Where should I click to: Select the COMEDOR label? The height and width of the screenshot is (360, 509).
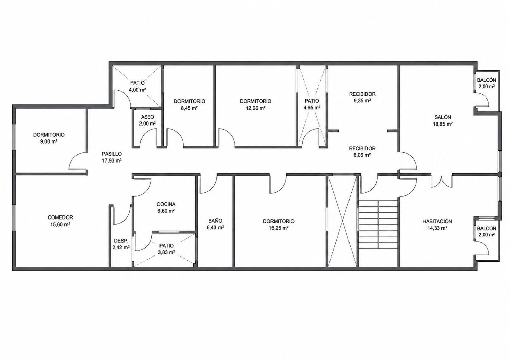coord(60,217)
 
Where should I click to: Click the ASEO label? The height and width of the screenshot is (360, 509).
coord(148,117)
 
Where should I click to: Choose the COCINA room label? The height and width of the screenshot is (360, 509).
coord(166,204)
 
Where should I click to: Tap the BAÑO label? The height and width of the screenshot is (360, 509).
coord(215,221)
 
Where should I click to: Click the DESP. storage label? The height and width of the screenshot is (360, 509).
coord(121,241)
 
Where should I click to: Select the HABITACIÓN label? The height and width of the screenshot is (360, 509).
coord(437,221)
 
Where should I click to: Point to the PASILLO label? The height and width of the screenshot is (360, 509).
coord(112,154)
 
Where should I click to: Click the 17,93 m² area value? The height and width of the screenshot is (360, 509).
coord(112,161)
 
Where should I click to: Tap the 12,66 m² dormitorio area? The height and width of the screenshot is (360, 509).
coord(256,108)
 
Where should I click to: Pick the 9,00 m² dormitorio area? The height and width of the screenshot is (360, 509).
coord(49,141)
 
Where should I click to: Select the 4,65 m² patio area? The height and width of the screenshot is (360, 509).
coord(312,108)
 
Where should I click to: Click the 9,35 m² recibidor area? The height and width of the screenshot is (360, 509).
coord(362,101)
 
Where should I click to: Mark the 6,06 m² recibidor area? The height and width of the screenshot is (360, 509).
coord(362,155)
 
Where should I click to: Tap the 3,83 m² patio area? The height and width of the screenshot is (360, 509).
coord(167,252)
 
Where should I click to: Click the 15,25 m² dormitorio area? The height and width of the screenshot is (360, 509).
coord(279,228)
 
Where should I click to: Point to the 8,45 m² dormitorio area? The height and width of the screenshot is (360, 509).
coord(189,108)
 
